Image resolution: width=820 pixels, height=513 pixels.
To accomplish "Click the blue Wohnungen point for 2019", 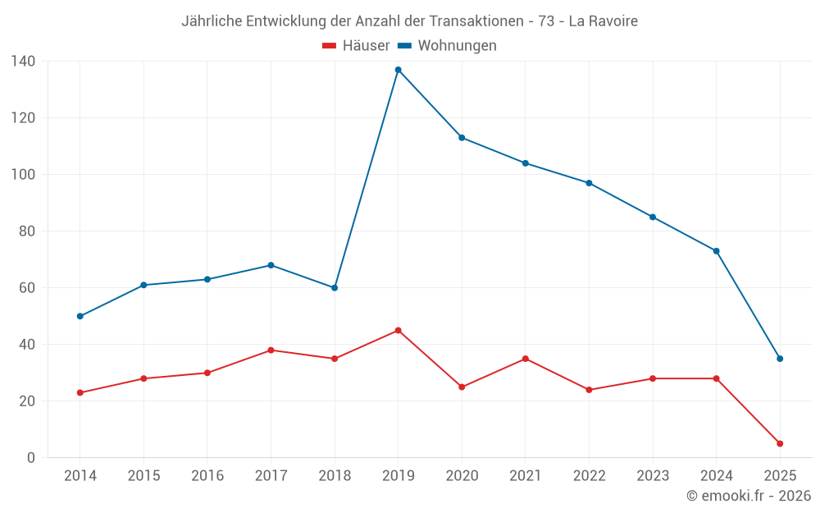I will pos(399,70).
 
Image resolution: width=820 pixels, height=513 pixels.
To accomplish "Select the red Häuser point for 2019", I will pos(399,330).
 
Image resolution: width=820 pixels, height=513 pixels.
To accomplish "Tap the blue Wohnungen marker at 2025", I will pos(780,359).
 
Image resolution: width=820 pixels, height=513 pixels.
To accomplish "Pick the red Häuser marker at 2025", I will pos(780,443).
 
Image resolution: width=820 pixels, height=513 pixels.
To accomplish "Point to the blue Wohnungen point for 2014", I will pos(80,316).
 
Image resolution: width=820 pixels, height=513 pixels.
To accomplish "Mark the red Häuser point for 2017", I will pos(271,350).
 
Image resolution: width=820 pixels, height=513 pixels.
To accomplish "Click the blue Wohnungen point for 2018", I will pos(335,288).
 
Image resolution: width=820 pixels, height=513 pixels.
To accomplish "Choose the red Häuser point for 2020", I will pos(462,387).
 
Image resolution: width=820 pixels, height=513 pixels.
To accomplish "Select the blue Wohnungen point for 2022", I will pos(589,183).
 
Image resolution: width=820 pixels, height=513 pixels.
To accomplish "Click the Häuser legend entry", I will pos(356,46).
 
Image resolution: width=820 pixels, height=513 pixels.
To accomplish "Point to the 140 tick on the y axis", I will pos(23,62).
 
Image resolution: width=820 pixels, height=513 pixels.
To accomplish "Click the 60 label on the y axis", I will pos(26,288).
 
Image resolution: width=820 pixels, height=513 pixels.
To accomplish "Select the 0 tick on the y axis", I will pos(30,458).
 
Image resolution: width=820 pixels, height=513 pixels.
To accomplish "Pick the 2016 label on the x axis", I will pos(207,476).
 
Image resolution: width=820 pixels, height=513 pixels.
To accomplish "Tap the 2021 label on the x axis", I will pos(526,476).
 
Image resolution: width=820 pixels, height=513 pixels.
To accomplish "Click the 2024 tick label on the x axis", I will pos(716,476).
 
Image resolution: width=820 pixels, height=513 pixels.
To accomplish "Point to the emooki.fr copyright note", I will pos(748,496).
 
